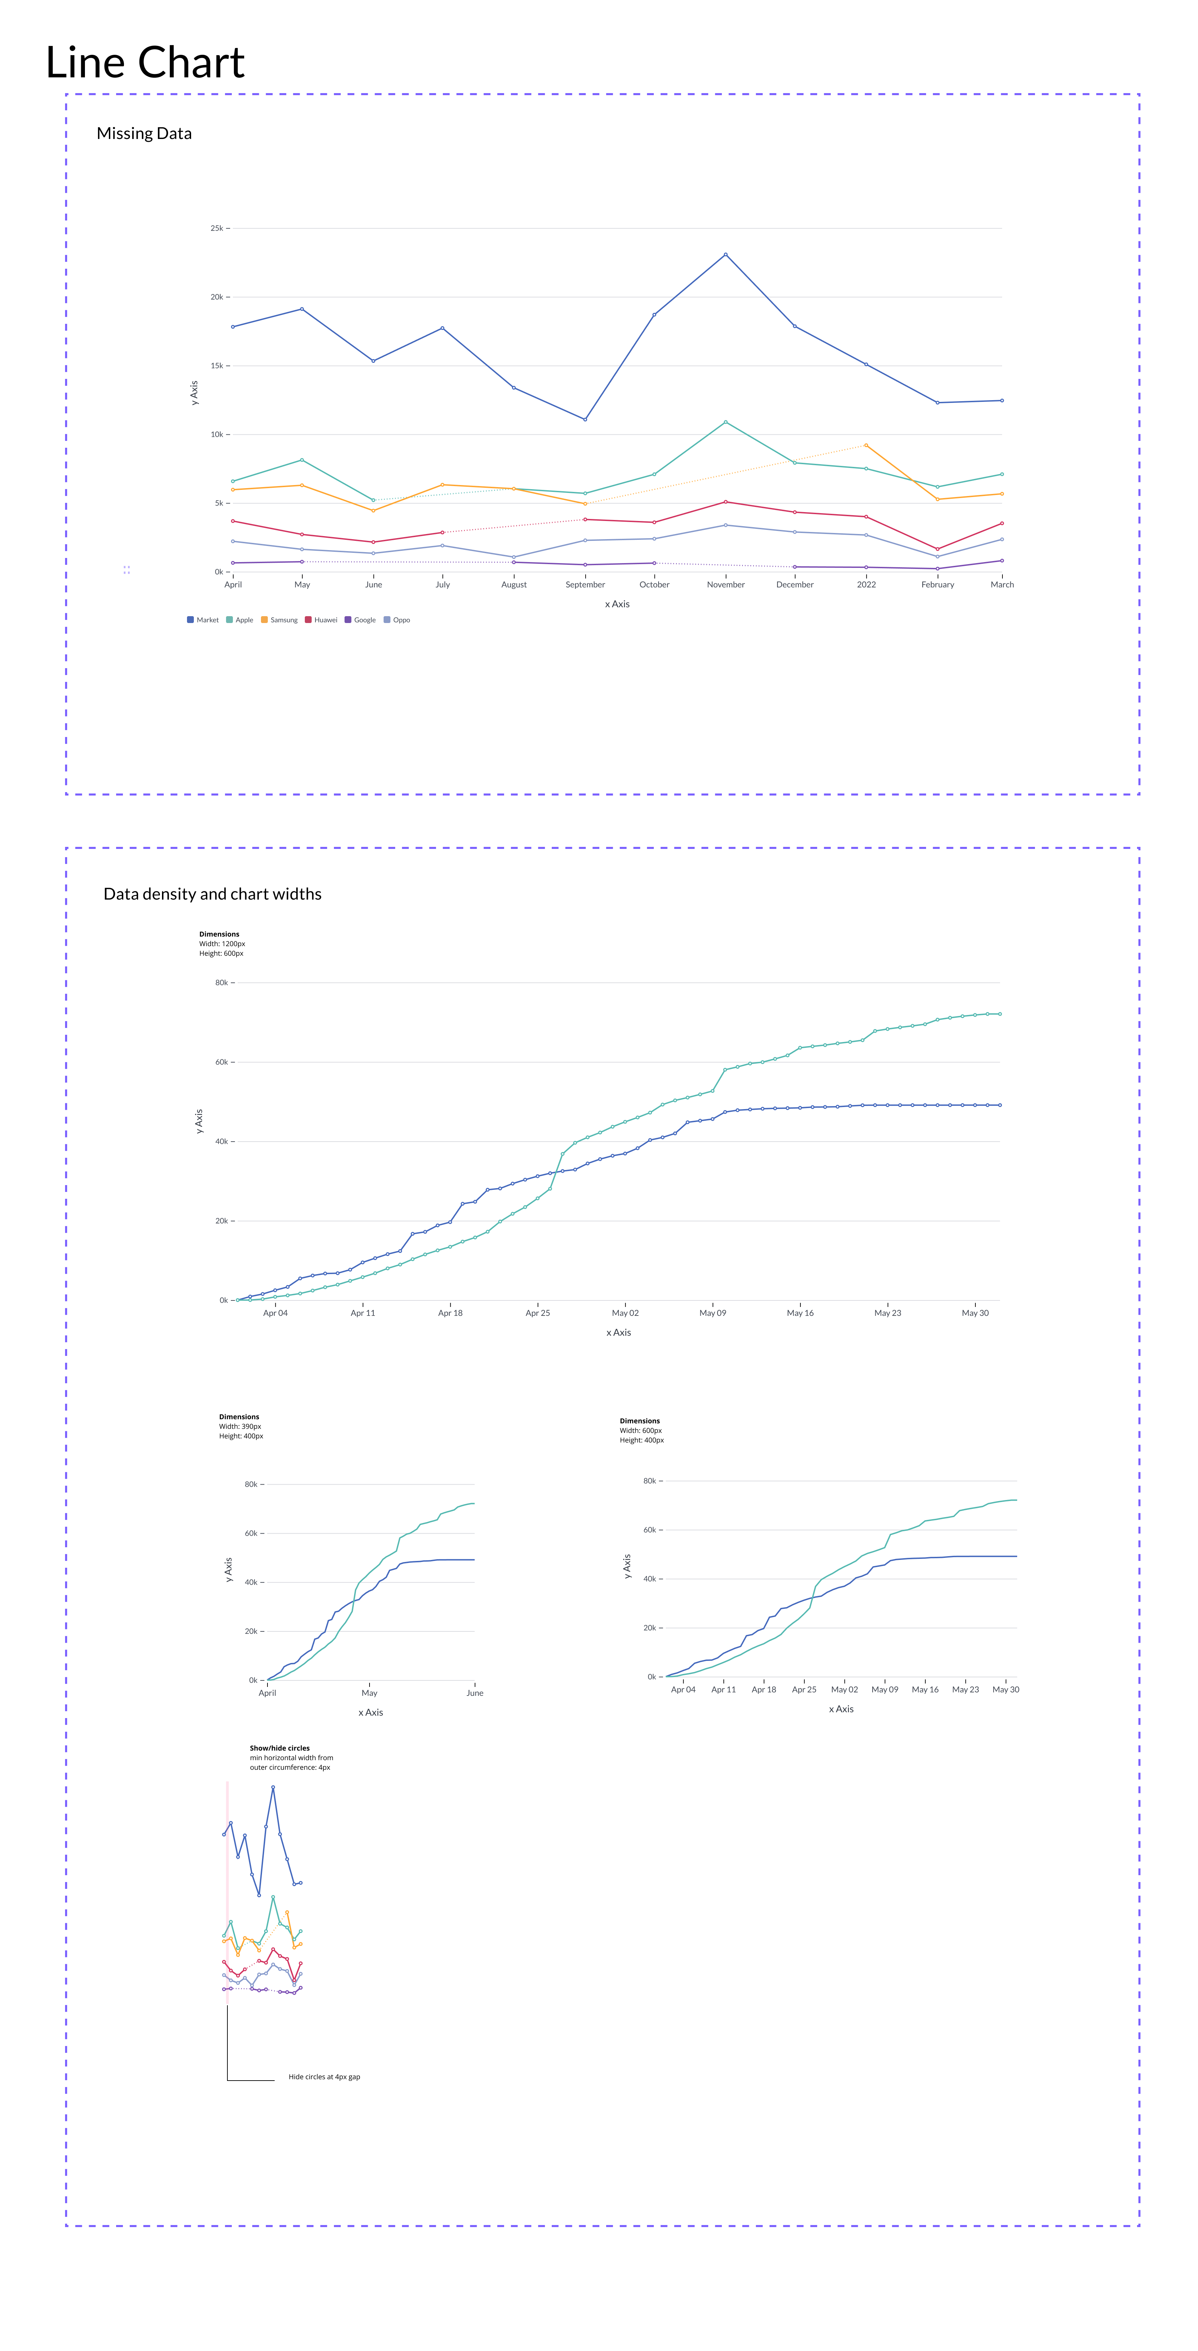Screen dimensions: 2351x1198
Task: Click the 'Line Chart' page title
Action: [x=145, y=63]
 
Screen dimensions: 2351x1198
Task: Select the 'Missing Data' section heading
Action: [x=144, y=133]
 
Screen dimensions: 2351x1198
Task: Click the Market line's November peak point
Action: [x=726, y=255]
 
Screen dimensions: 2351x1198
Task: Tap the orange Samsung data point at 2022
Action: [x=866, y=445]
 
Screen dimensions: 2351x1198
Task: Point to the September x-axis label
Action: [x=585, y=585]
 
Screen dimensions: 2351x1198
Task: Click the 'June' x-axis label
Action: [x=373, y=585]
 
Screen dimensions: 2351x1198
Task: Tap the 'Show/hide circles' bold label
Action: [x=279, y=1748]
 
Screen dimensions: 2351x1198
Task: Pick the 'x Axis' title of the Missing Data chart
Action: [x=617, y=604]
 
